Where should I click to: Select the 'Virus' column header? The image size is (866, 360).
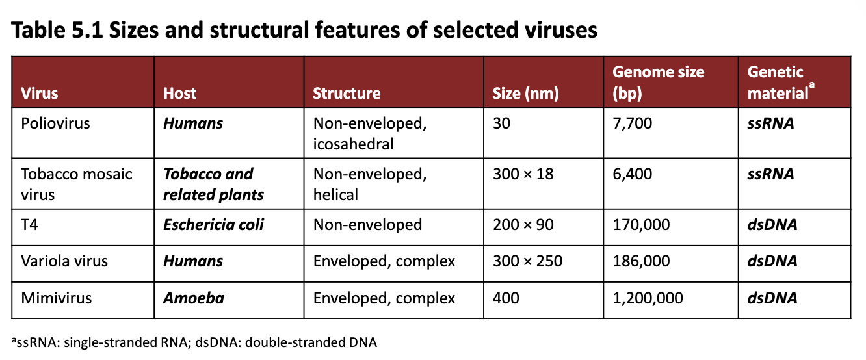click(x=40, y=94)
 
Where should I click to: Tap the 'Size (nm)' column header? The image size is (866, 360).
click(x=521, y=94)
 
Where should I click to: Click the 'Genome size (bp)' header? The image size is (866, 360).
click(x=658, y=83)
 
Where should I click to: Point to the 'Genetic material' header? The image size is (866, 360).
click(x=778, y=83)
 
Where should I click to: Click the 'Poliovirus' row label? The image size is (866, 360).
click(x=55, y=123)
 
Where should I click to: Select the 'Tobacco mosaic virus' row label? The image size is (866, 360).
click(x=77, y=184)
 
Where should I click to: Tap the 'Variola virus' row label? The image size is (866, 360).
click(x=64, y=261)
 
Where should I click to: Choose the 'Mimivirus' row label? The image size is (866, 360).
click(x=57, y=298)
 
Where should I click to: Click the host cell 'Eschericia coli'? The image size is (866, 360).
click(x=213, y=225)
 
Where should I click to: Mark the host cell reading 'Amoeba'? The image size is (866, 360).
click(x=193, y=298)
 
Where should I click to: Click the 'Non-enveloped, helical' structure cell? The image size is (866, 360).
click(x=369, y=184)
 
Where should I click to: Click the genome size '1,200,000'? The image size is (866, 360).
click(x=648, y=298)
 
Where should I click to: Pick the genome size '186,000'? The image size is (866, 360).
click(x=641, y=261)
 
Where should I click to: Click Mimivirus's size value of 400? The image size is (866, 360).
click(x=506, y=298)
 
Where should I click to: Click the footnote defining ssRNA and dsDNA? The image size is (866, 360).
click(x=194, y=342)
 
